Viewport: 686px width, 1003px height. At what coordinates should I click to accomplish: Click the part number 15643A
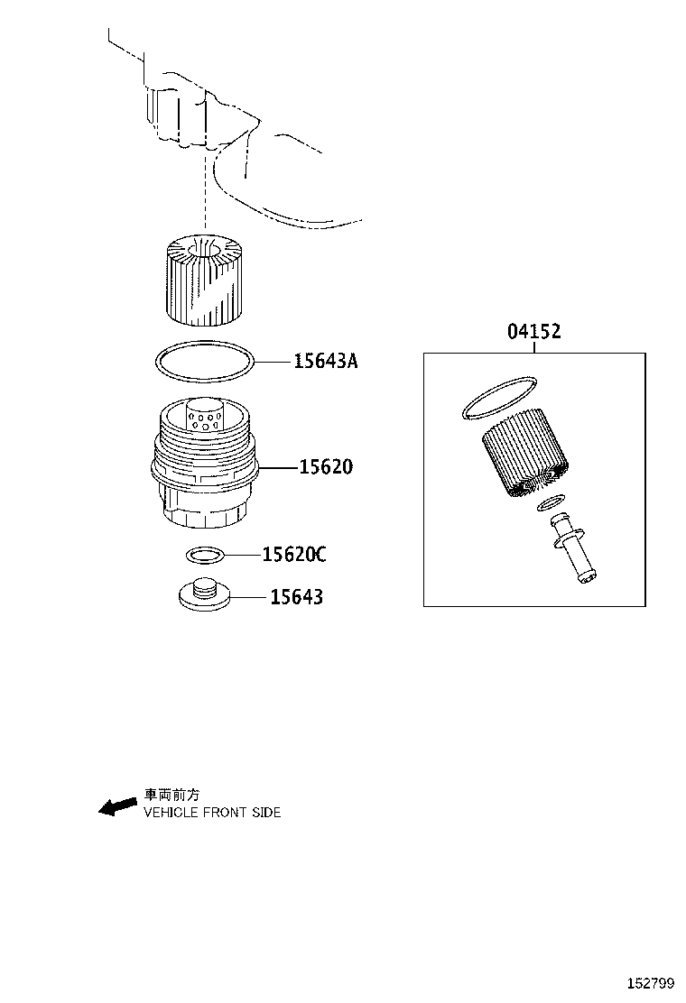click(x=326, y=362)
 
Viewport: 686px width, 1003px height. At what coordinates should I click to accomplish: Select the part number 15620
click(x=326, y=467)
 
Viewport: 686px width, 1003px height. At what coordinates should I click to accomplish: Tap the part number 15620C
click(x=294, y=554)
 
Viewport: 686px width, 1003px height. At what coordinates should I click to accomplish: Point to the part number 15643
click(x=296, y=597)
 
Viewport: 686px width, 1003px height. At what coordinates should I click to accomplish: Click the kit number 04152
click(x=534, y=331)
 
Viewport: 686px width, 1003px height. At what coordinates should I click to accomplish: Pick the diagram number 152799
click(x=650, y=983)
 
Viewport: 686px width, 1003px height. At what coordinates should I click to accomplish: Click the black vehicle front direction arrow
click(x=117, y=807)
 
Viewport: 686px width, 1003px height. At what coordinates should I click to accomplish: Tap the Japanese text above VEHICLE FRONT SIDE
click(x=171, y=795)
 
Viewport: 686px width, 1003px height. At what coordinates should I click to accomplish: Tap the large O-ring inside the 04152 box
click(x=498, y=399)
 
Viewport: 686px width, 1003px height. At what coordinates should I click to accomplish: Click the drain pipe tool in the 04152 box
click(x=573, y=548)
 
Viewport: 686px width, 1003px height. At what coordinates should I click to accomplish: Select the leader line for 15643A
click(x=273, y=362)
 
